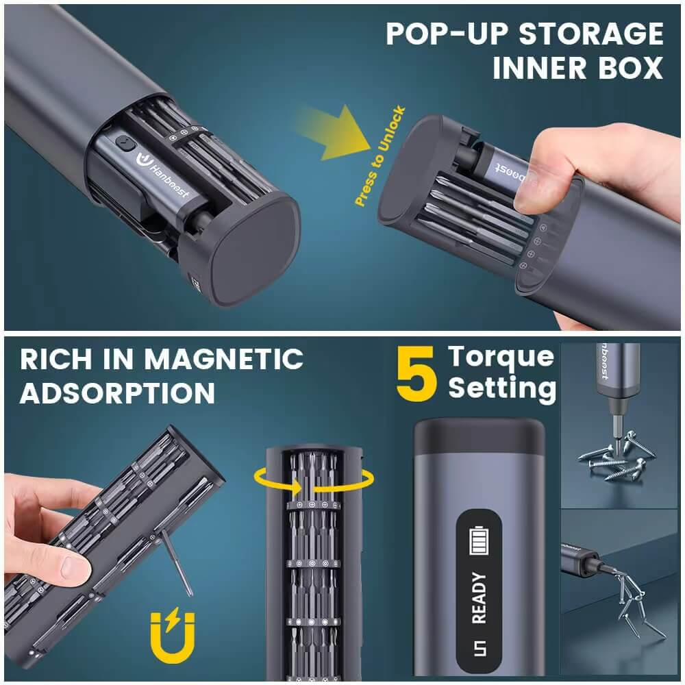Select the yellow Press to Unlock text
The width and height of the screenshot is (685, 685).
pos(379,157)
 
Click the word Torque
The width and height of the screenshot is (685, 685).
pos(501,356)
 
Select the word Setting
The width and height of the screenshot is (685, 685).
pos(501,388)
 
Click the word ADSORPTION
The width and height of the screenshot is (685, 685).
pos(117,393)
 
